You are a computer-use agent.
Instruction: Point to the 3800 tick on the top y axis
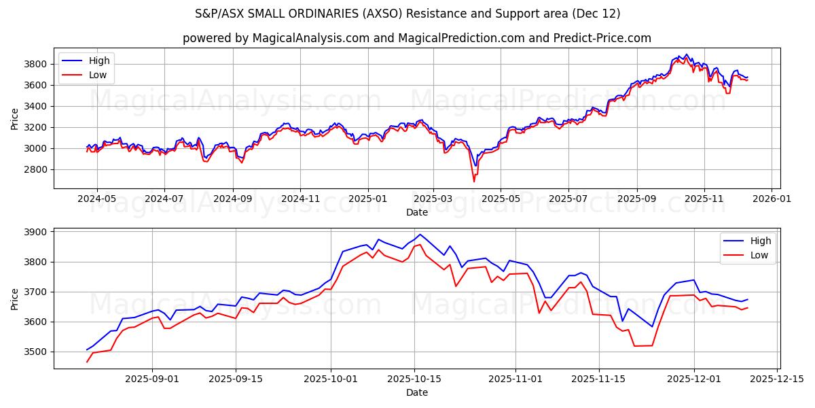[35, 64]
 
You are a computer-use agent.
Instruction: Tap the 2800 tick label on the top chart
[35, 169]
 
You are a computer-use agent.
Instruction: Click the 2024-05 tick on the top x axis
[97, 199]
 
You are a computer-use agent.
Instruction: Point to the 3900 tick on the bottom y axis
[35, 232]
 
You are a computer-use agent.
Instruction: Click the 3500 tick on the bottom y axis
[35, 352]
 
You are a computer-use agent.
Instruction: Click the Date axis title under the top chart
[417, 212]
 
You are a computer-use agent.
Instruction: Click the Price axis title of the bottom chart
[14, 298]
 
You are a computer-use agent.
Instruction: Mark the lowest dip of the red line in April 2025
[474, 182]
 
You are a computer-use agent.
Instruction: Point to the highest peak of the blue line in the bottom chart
[420, 234]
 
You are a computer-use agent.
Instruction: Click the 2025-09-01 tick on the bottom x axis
[151, 379]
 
